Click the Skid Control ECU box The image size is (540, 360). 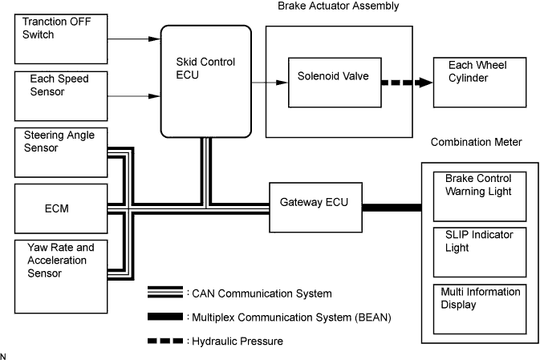[x=207, y=81]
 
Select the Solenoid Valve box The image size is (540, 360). [x=335, y=82]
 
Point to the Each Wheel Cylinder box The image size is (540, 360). [x=471, y=82]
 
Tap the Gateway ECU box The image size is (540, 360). [x=315, y=207]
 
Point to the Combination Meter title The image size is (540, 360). [x=476, y=142]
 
